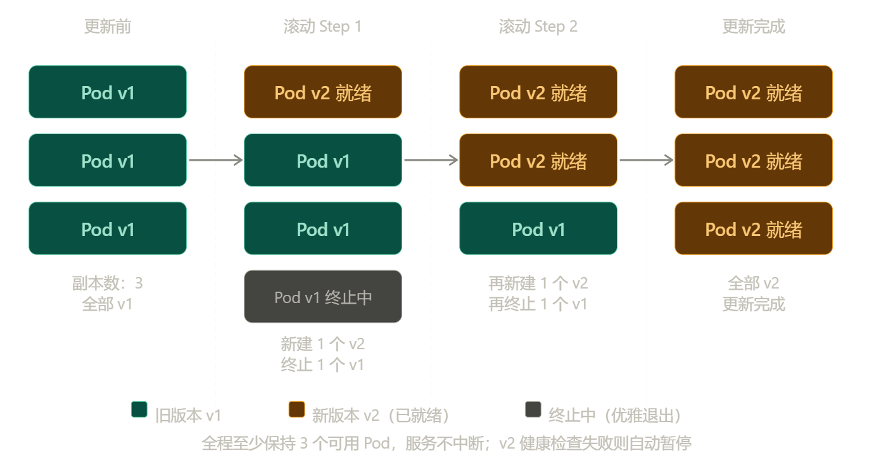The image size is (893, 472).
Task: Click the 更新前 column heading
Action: [108, 27]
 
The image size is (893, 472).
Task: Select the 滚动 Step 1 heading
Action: [322, 27]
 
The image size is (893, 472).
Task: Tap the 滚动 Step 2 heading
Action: [538, 27]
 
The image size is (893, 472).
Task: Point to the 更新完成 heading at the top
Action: [753, 27]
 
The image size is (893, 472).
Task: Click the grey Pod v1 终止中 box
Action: [323, 297]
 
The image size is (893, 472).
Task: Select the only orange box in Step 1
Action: [323, 92]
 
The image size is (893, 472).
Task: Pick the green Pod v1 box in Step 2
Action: [538, 228]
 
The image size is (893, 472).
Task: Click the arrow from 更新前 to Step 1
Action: [215, 160]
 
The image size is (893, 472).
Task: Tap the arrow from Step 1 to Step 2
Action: [431, 160]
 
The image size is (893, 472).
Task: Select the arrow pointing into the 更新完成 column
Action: [646, 160]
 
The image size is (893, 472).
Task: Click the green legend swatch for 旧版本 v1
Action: [139, 409]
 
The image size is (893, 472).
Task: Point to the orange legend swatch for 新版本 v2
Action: [296, 409]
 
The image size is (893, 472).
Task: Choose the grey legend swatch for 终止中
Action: [533, 409]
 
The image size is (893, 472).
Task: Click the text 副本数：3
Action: [108, 283]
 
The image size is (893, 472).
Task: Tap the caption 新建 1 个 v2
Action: [322, 344]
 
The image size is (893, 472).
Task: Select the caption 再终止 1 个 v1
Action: [538, 304]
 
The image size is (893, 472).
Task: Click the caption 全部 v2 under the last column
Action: [753, 283]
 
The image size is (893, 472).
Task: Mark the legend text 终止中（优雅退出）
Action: [615, 416]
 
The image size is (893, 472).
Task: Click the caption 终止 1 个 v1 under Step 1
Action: [322, 365]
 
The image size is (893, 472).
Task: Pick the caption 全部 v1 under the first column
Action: [108, 304]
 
